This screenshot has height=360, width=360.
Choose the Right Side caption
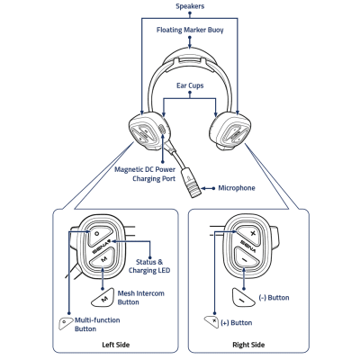click(x=247, y=345)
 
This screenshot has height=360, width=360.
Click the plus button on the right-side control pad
click(x=252, y=232)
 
